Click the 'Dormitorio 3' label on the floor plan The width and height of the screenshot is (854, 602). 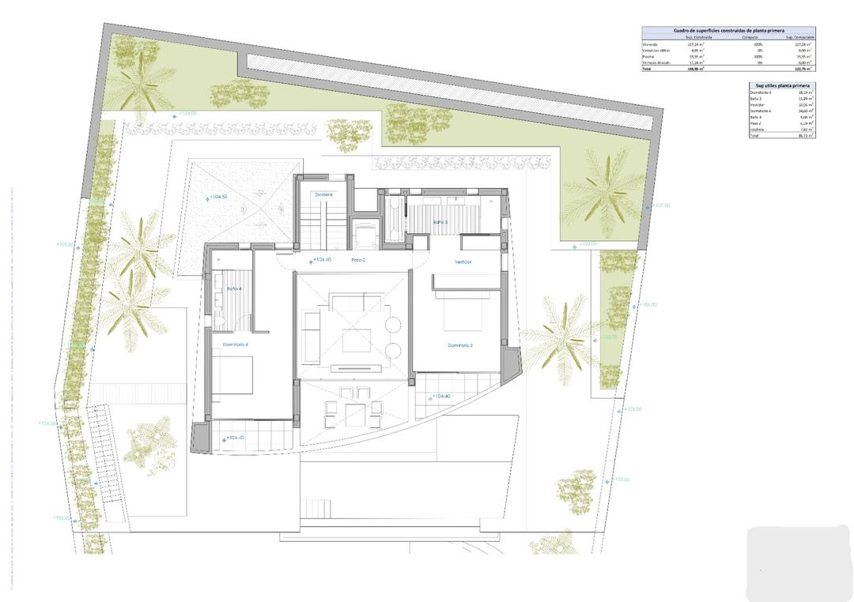459,345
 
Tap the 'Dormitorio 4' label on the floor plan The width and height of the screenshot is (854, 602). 236,344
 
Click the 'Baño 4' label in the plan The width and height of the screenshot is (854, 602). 234,289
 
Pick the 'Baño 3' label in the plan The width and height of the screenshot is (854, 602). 440,222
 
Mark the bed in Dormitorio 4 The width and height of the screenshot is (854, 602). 236,375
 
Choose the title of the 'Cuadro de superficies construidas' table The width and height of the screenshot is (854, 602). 727,30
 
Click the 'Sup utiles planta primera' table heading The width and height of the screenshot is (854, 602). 780,85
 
